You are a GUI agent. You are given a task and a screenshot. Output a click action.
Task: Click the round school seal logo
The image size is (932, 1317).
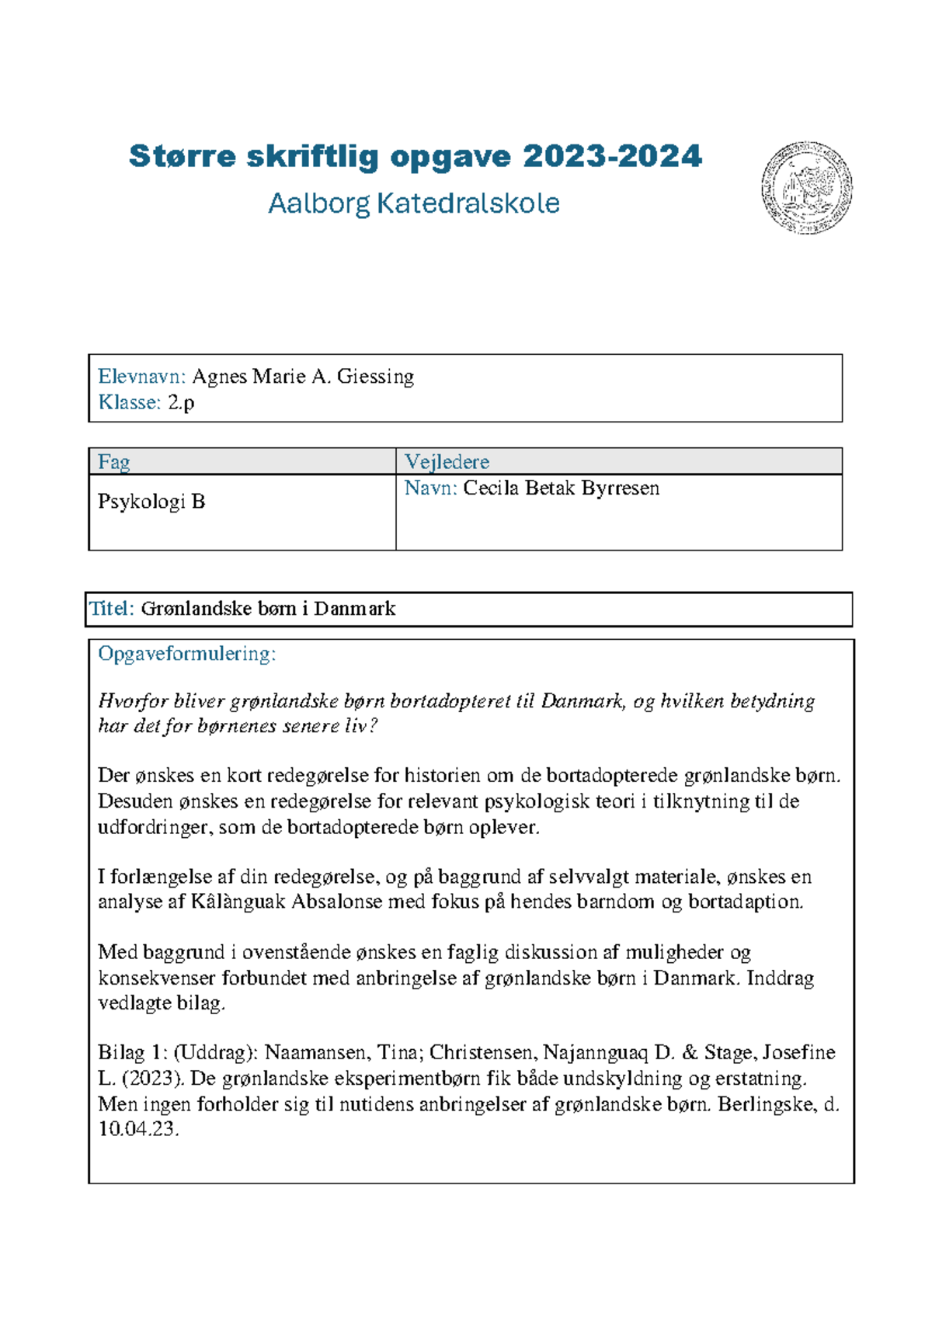coord(806,187)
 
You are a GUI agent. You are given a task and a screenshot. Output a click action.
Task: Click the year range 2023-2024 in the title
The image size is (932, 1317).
coord(612,156)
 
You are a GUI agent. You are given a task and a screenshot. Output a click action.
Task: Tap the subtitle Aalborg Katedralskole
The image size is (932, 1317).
coord(414,203)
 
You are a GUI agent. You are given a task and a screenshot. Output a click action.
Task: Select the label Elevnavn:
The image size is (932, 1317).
coord(141,377)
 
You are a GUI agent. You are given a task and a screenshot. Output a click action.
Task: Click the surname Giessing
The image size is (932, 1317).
coord(375,377)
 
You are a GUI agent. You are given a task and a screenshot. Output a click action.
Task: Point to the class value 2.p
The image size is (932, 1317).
coord(181,402)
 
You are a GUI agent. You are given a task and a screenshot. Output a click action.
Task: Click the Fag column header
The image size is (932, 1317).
coord(113,462)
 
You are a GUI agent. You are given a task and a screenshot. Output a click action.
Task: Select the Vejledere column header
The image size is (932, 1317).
coord(447,462)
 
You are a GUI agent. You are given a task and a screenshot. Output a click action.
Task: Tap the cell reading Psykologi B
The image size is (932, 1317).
coord(151,502)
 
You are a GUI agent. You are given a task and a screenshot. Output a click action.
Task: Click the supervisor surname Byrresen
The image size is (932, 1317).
coord(620,488)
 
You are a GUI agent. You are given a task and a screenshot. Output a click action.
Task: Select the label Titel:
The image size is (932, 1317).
coord(112,609)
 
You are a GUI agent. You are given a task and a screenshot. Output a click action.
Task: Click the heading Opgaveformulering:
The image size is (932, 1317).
coord(186,654)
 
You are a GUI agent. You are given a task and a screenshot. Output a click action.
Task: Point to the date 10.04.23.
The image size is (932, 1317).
coord(137,1129)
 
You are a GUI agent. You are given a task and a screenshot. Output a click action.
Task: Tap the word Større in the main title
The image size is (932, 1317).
coord(182,156)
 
